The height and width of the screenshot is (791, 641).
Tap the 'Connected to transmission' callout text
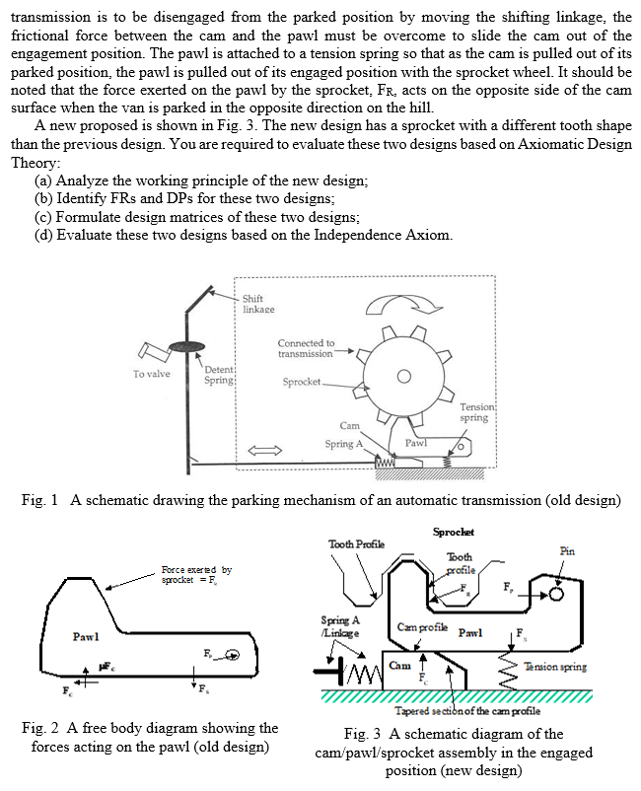pyautogui.click(x=306, y=348)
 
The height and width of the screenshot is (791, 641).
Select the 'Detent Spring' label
pyautogui.click(x=218, y=374)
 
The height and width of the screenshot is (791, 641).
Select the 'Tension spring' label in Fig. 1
pyautogui.click(x=480, y=411)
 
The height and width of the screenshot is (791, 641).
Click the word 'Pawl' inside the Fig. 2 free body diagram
pyautogui.click(x=84, y=636)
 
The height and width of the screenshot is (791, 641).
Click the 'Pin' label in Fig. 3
pyautogui.click(x=568, y=551)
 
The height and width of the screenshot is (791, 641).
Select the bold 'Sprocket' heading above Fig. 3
pyautogui.click(x=453, y=532)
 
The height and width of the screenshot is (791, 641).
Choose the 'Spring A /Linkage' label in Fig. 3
pyautogui.click(x=341, y=626)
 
